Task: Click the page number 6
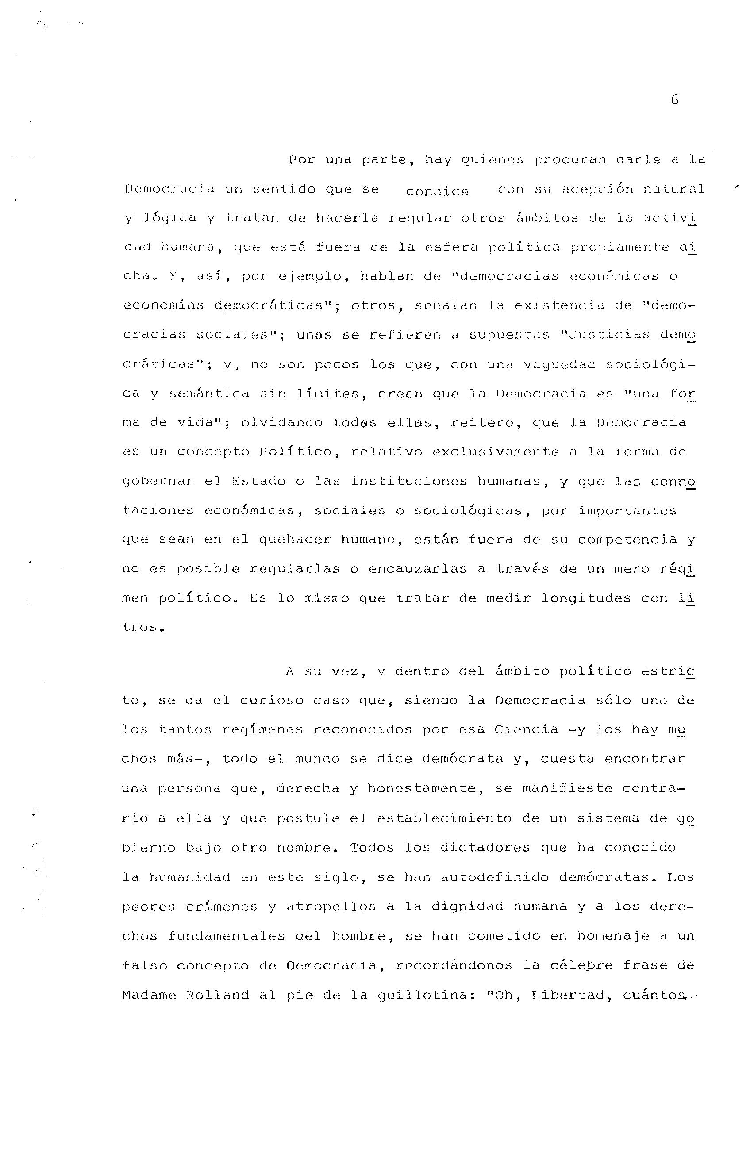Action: coord(675,100)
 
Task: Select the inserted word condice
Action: coord(437,192)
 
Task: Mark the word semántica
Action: coord(209,394)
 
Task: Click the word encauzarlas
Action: coord(417,569)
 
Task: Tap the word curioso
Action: coord(270,701)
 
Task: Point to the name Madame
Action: coord(149,995)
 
